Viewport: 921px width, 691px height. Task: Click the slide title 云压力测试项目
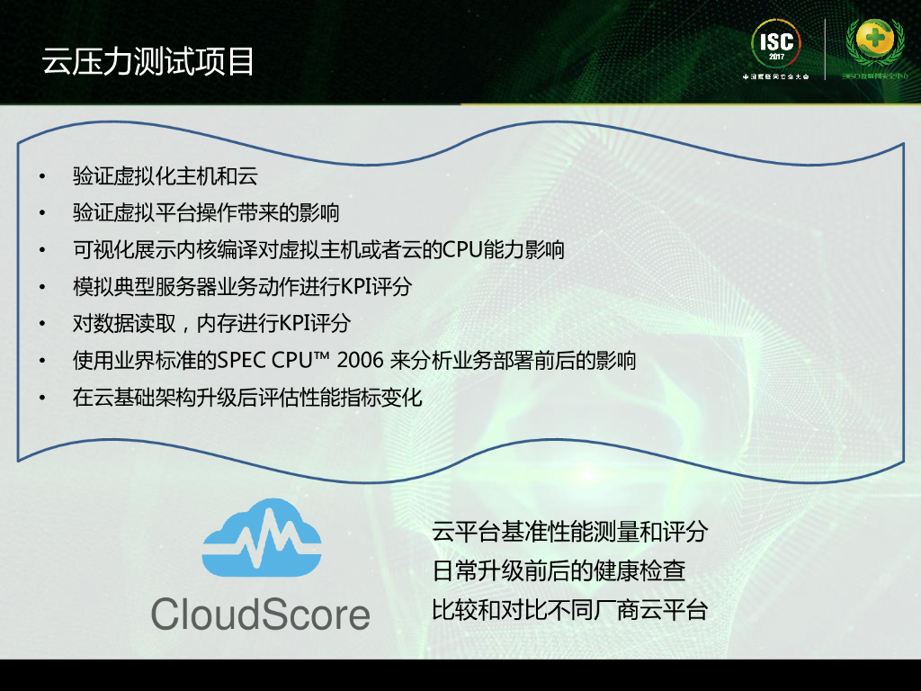point(148,61)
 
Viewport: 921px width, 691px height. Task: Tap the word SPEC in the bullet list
point(257,360)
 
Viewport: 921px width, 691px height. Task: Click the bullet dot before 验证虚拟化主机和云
point(41,176)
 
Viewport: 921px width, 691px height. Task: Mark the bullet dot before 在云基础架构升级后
point(41,398)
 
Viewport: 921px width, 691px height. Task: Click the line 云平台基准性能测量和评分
point(569,532)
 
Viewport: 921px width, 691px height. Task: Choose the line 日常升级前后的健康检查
point(559,571)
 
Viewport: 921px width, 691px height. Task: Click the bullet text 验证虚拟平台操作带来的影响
point(206,212)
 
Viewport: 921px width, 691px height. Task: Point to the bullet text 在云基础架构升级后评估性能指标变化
point(247,397)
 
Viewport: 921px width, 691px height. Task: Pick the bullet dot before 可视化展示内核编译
point(41,250)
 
